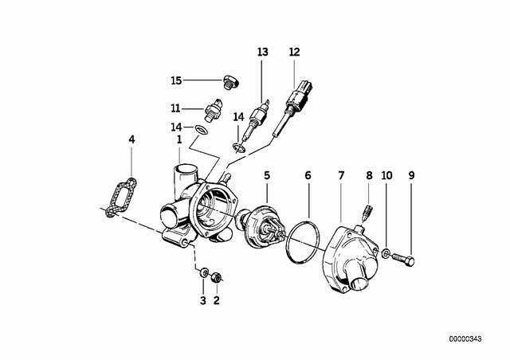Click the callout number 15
click(176, 80)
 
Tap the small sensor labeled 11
click(213, 109)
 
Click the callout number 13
click(263, 52)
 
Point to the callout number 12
click(294, 52)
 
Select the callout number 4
click(131, 139)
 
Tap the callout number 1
click(178, 140)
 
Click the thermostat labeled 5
click(261, 225)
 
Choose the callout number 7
click(341, 175)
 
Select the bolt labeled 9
click(403, 259)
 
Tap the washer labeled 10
click(386, 253)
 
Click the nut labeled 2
click(216, 277)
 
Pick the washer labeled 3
click(204, 272)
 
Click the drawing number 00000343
click(465, 338)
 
